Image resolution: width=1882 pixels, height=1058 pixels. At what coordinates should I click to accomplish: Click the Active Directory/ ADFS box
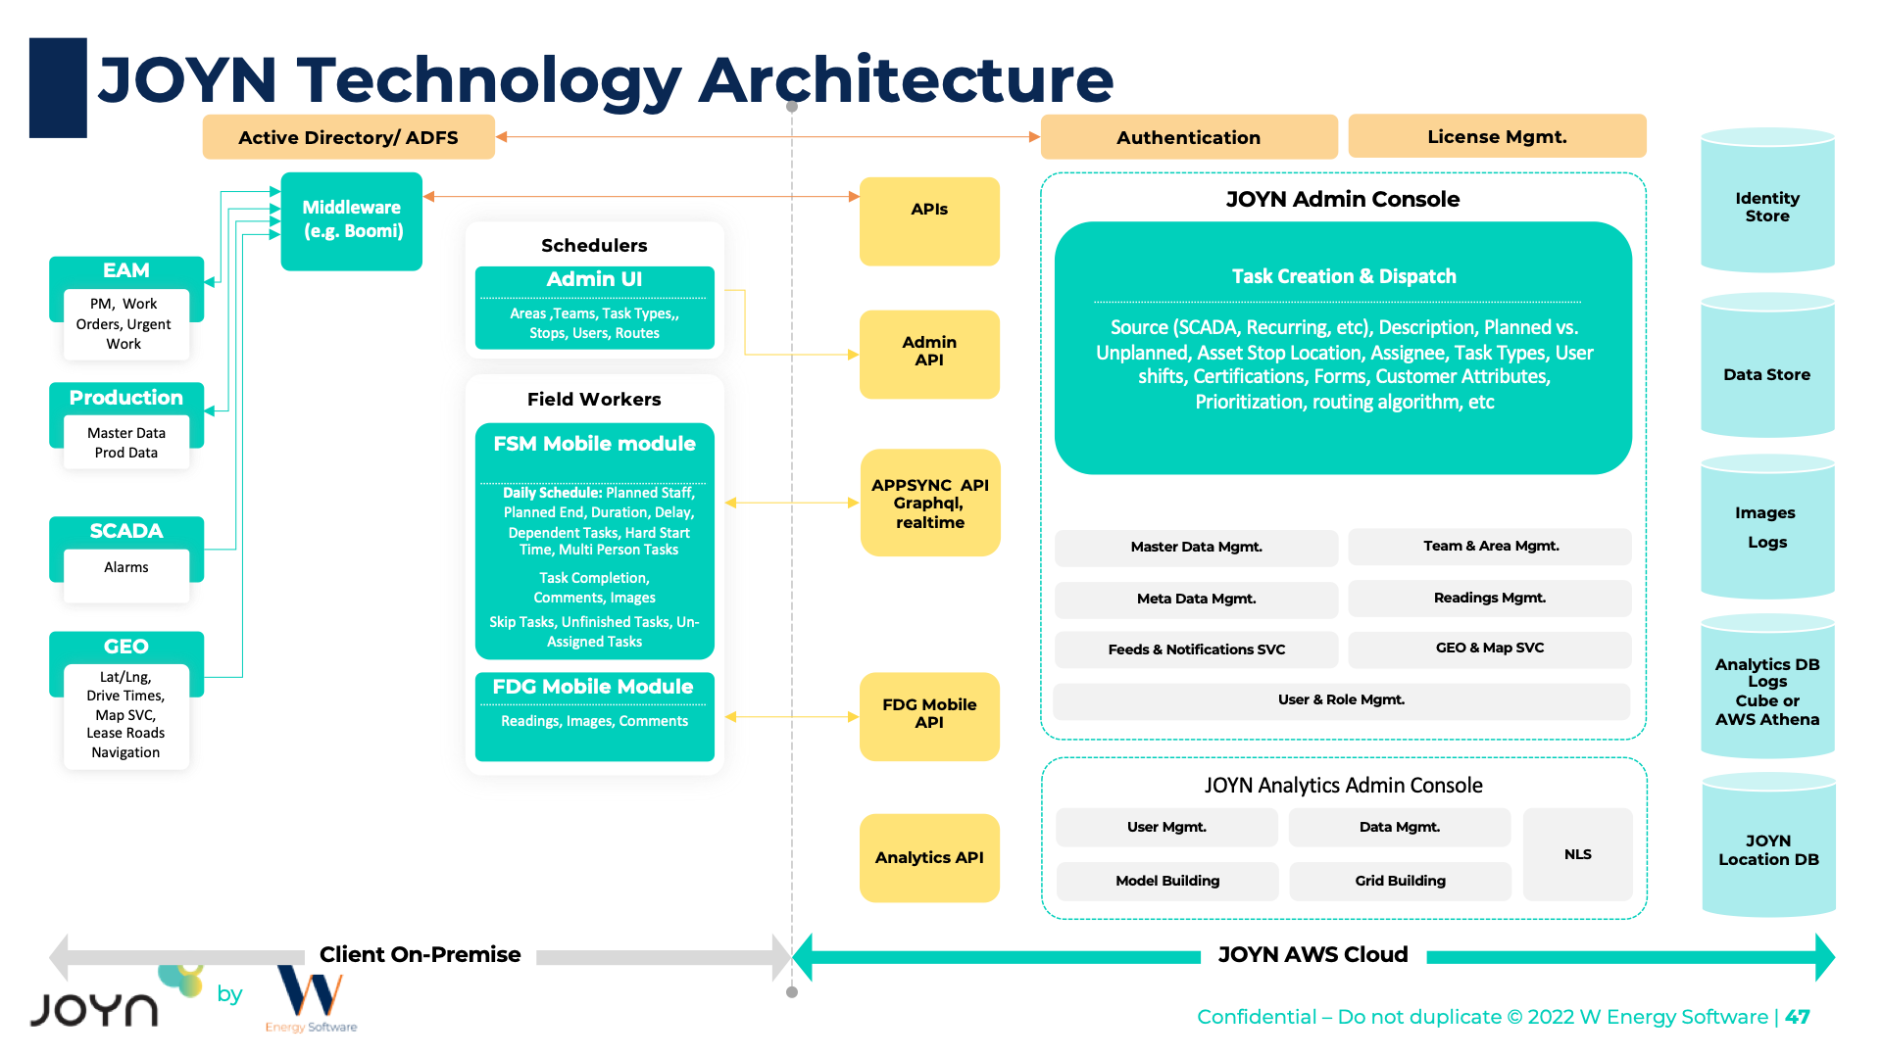coord(348,137)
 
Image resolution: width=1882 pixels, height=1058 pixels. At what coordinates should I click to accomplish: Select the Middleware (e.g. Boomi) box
coord(352,220)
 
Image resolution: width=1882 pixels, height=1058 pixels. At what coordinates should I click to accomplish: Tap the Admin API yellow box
coord(929,353)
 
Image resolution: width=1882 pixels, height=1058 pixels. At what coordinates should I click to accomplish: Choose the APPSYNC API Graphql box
coord(929,504)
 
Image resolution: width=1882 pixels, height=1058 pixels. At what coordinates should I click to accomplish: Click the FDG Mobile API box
coord(929,715)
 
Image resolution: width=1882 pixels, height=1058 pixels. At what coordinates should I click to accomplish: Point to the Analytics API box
coord(929,858)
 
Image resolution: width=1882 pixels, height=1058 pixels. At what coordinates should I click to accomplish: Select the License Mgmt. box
coord(1497,137)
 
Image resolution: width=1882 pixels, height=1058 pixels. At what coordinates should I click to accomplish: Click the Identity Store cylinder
coord(1767,206)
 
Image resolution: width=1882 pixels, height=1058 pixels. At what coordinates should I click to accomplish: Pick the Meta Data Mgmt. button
coord(1196,600)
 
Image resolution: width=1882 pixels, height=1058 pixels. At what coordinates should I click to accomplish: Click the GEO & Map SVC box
coord(1489,649)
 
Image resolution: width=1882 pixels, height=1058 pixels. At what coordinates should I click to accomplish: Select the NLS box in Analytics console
coord(1577,854)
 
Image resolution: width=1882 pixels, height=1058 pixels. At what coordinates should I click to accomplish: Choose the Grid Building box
coord(1400,881)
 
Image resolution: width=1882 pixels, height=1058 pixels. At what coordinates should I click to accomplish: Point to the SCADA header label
coord(126,531)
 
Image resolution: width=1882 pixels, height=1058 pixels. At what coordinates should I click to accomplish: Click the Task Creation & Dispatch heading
coord(1344,277)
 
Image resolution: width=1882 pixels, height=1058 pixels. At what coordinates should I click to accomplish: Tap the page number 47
coord(1798,1017)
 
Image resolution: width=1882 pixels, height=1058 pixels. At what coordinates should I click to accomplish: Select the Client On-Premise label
coord(420,955)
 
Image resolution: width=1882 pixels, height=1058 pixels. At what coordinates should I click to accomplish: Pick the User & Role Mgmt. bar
coord(1341,700)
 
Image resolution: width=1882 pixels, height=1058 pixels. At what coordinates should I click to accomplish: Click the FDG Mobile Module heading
coord(593,687)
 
